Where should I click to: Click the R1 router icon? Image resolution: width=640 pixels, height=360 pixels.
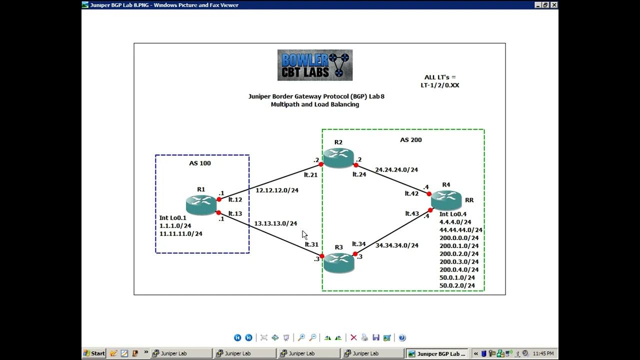coord(201,204)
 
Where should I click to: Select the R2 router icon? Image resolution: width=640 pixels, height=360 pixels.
coord(338,158)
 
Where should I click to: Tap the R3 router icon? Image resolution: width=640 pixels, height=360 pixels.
coord(338,262)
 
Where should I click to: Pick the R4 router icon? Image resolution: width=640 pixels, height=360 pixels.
coord(446,200)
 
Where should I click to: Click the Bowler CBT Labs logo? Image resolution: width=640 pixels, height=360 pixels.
coord(315,65)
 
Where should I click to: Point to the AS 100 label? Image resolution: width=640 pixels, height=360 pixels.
coord(199,163)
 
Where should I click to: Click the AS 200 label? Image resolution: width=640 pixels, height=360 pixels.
coord(410,140)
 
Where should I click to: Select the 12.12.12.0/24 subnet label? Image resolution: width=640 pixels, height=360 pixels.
coord(277,190)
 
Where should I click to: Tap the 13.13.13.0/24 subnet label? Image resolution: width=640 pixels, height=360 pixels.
coord(275,223)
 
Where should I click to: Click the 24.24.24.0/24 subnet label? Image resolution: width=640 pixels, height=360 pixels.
coord(396,170)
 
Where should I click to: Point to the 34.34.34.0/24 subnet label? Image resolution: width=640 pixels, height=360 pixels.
coord(397,245)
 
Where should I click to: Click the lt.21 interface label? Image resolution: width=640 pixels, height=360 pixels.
coord(310,175)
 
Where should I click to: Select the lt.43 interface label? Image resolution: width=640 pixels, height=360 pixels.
coord(412,214)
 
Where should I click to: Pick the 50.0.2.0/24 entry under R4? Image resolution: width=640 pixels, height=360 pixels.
coord(457,285)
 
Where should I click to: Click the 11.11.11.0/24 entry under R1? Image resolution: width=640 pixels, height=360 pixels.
coord(180,233)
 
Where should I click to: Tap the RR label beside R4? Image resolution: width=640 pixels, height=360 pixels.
coord(469,200)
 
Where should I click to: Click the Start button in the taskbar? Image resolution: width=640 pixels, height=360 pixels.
coord(94,353)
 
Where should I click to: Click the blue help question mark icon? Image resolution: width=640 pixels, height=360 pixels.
coord(402,337)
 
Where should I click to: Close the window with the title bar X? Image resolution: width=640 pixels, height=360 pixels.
coord(553,5)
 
